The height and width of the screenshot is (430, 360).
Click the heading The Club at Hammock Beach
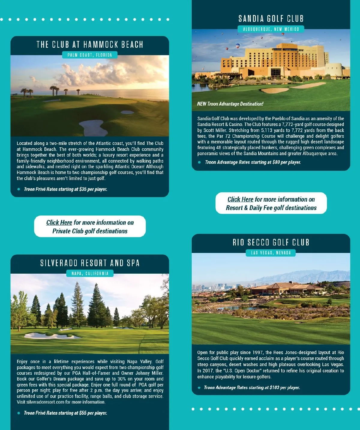(x=90, y=45)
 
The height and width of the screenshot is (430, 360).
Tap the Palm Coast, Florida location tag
(x=90, y=55)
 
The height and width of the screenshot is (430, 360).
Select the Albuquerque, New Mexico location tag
(x=271, y=29)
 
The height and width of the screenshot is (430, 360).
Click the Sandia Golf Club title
(x=271, y=19)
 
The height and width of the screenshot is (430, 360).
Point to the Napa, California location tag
(x=90, y=273)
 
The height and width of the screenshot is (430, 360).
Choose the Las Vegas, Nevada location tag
(x=271, y=253)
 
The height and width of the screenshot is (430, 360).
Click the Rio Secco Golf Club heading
(x=271, y=242)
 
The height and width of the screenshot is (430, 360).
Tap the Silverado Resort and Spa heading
(x=90, y=263)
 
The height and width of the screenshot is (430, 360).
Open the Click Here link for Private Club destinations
(x=59, y=222)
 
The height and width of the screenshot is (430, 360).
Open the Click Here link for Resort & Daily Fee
(x=240, y=199)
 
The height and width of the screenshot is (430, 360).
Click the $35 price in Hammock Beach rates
(x=83, y=189)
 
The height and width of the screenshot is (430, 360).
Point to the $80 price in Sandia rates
(x=276, y=162)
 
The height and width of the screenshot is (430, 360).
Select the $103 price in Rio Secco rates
(x=274, y=387)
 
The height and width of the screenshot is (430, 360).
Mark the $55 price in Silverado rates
(x=83, y=413)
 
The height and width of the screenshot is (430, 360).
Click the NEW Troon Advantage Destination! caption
(x=230, y=104)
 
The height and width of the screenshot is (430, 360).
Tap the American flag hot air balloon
(x=238, y=46)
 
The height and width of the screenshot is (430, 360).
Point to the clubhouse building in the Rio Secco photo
(x=288, y=288)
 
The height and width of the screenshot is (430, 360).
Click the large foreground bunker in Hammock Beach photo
(x=93, y=128)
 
